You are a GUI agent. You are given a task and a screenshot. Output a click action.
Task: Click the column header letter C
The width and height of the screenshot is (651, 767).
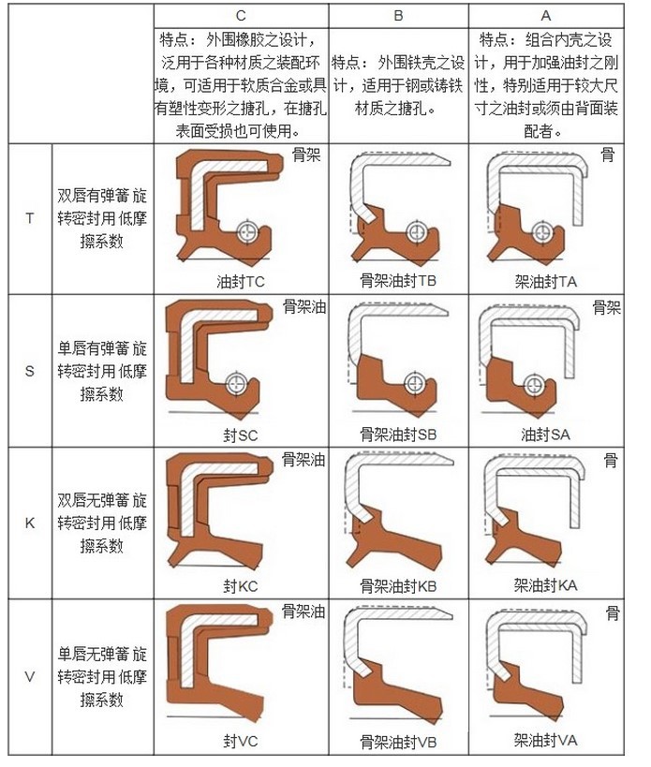(x=241, y=16)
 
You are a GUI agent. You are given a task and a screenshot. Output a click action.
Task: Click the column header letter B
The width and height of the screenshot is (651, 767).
(x=398, y=16)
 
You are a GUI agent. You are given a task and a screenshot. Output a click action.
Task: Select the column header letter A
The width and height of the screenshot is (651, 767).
(x=546, y=16)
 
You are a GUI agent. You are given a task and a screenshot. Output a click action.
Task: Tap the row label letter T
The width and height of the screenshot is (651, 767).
(x=30, y=218)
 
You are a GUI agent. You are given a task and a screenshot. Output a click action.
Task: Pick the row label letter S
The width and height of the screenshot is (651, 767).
(x=29, y=371)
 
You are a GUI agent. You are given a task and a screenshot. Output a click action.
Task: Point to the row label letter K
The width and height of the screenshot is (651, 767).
(x=29, y=523)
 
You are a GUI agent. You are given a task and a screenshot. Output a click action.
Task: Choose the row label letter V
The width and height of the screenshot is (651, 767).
(x=29, y=676)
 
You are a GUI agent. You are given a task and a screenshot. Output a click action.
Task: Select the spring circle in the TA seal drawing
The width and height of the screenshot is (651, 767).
(x=542, y=232)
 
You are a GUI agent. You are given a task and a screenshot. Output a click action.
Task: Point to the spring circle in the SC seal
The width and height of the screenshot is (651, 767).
(x=237, y=384)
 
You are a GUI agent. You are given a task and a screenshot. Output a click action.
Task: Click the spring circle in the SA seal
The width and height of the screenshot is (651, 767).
(x=533, y=385)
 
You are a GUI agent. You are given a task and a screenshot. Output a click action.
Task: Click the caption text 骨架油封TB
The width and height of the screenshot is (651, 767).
(x=398, y=281)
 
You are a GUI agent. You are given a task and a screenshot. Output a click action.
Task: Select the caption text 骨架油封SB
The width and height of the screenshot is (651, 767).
(x=398, y=434)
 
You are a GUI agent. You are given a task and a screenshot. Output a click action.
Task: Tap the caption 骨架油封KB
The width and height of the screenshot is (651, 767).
(x=398, y=586)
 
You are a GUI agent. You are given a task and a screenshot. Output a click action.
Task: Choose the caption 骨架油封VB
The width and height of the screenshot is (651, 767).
(x=398, y=742)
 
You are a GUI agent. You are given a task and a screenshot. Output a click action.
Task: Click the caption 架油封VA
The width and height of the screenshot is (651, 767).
(x=545, y=740)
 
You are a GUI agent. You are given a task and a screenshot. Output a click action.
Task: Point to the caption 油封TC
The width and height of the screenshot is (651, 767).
(x=241, y=282)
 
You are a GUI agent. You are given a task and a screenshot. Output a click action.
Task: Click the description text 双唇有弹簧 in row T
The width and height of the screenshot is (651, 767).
(x=94, y=196)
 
